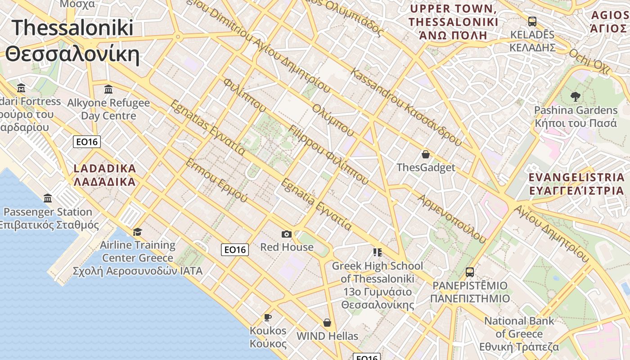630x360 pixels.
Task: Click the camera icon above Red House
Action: coord(286,234)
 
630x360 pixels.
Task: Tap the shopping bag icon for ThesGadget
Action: coord(426,155)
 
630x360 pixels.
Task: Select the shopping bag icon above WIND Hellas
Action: coord(327,323)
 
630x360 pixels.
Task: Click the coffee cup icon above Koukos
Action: coord(268,317)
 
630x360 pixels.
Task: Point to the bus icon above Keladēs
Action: coord(532,21)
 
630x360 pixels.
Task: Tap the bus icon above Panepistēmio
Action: coord(470,272)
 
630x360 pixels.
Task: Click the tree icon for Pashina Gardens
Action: coord(575,96)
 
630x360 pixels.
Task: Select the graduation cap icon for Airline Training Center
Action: coord(137,232)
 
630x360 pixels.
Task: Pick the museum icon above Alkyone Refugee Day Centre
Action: coord(108,90)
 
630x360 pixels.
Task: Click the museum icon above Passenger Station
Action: coord(48,198)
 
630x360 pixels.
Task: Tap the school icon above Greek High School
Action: coord(377,252)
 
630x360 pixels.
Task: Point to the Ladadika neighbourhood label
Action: coord(104,175)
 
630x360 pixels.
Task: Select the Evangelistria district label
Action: coord(576,184)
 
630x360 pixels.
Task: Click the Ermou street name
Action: coord(216,180)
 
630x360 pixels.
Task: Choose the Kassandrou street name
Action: coord(407,107)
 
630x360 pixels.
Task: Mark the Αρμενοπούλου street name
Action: coord(452,219)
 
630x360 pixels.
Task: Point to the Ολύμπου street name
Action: coord(333,120)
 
